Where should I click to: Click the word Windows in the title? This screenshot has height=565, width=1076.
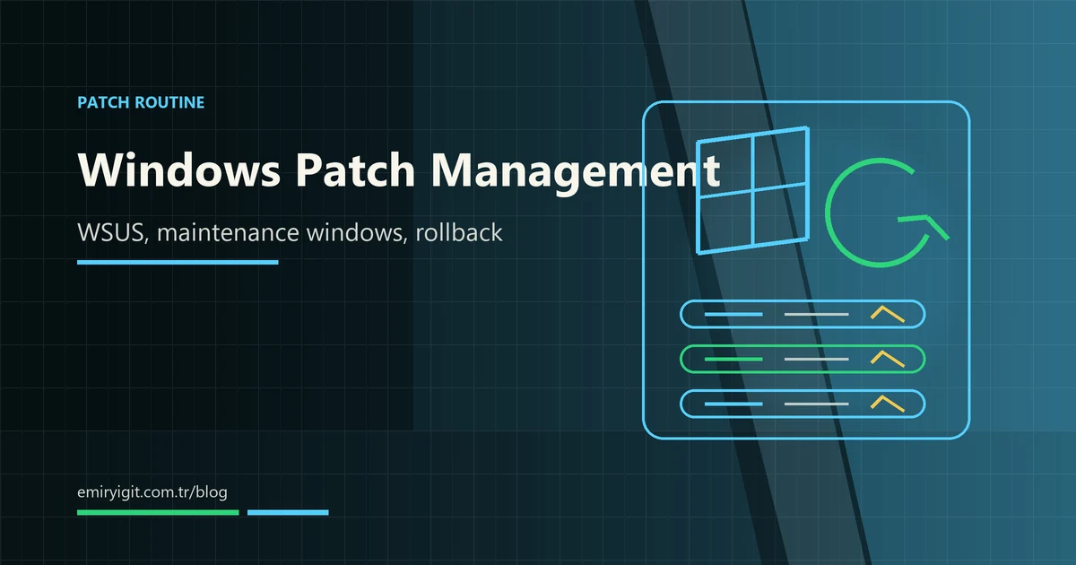click(179, 169)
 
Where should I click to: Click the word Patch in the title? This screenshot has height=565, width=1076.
click(355, 169)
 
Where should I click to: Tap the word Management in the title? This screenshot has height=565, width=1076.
click(576, 173)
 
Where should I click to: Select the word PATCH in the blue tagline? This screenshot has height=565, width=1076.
click(103, 102)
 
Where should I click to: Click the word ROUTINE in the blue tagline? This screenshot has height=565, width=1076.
click(169, 102)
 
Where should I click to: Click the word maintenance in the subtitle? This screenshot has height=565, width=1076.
click(228, 233)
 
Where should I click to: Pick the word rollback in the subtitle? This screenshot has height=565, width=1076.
click(459, 232)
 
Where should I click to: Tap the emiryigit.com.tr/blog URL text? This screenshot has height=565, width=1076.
click(152, 492)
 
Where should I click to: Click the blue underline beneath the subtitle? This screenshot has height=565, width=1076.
click(178, 262)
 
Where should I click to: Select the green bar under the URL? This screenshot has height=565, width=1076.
click(158, 513)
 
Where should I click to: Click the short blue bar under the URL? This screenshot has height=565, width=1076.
click(288, 513)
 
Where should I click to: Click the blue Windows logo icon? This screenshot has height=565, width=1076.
click(752, 190)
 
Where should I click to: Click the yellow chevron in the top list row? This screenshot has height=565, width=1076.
click(888, 314)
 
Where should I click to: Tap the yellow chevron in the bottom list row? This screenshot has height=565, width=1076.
click(888, 404)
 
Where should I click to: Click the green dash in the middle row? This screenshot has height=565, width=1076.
click(733, 359)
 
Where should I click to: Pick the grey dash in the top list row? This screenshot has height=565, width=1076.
click(817, 314)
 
